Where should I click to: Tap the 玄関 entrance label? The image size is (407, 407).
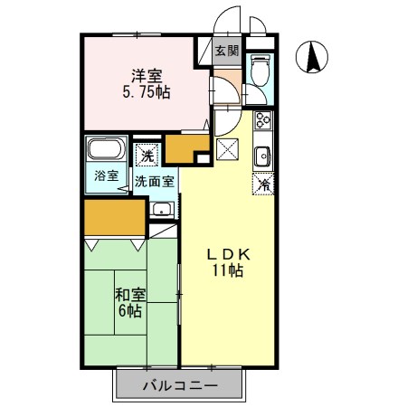pos(227,52)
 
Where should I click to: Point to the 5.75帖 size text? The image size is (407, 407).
pos(141,91)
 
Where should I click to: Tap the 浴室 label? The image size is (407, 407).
pos(106,175)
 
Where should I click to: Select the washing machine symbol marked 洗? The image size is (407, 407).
pos(147,156)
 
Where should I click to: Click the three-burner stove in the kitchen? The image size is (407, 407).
pos(262,121)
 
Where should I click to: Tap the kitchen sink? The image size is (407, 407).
pos(262,155)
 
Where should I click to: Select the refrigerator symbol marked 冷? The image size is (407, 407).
pos(264,185)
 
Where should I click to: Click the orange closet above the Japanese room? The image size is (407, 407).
pos(114,218)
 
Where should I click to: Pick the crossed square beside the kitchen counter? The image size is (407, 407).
pos(227,149)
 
